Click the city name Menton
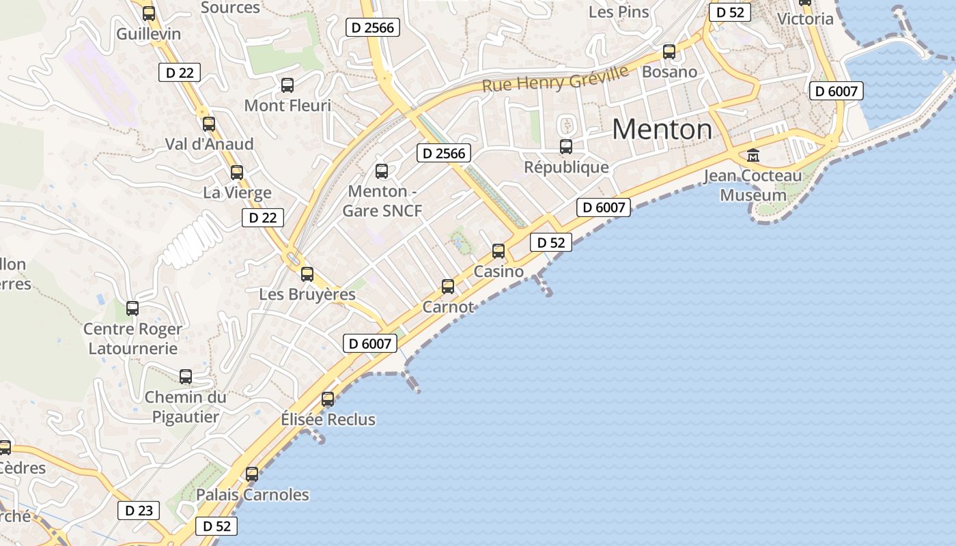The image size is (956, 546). tap(661, 129)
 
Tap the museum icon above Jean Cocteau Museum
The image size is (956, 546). tap(753, 155)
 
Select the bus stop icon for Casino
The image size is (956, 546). tap(498, 250)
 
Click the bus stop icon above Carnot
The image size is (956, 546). tap(448, 286)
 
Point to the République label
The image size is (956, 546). tap(566, 167)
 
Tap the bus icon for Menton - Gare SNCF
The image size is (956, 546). tap(382, 171)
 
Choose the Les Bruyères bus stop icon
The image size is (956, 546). tap(307, 274)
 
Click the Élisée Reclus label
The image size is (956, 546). tap(328, 419)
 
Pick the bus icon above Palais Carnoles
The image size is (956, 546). tap(252, 474)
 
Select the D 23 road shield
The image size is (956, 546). tap(139, 511)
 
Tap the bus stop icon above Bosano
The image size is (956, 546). tap(669, 51)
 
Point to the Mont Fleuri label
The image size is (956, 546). tap(287, 106)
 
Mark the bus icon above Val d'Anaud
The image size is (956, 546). tap(209, 124)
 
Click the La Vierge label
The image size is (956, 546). tap(237, 192)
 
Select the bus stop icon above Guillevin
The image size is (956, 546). tap(148, 12)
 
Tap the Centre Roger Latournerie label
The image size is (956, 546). tap(132, 339)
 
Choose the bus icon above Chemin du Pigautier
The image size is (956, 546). tap(186, 376)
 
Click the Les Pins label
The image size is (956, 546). tap(619, 12)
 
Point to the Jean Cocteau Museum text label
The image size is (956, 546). tap(753, 186)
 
